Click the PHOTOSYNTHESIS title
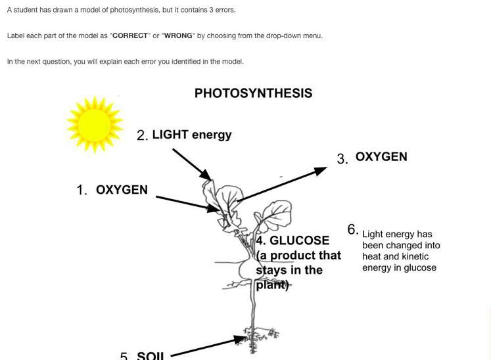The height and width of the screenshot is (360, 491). coord(253,93)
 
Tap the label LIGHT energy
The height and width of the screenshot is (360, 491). coord(192,135)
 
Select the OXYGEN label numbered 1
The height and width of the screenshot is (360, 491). coord(122,190)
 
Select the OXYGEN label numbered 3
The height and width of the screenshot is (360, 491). coord(381,157)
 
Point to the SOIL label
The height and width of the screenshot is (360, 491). coord(151,356)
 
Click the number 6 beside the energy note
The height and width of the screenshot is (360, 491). coord(352,229)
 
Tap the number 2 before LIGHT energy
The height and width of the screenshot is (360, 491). coord(141,136)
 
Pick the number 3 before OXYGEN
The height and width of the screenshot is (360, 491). coord(342,159)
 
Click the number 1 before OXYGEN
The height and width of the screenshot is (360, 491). coord(82,191)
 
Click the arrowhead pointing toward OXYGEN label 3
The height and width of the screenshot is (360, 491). coord(321,171)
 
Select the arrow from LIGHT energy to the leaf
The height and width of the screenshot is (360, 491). coord(191,164)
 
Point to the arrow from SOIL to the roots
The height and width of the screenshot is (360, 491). coord(204,346)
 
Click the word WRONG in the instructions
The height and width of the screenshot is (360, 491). coord(177,35)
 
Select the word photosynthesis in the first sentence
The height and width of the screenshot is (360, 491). coord(128,10)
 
